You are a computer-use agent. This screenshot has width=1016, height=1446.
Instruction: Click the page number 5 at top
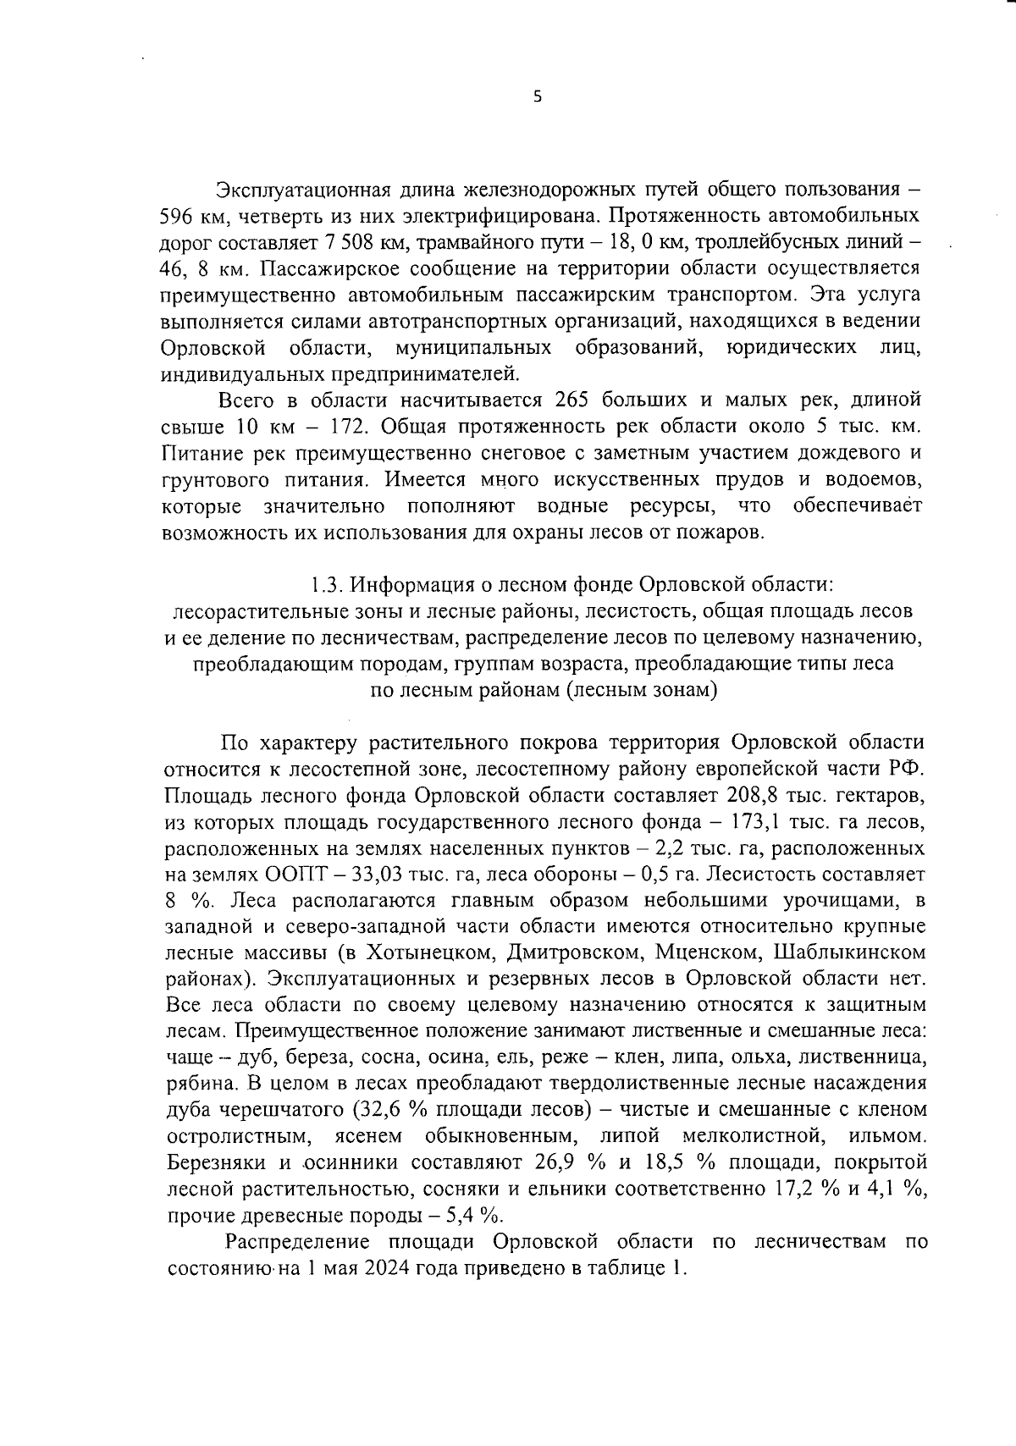pyautogui.click(x=537, y=97)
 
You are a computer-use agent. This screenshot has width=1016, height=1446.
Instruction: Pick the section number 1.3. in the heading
pyautogui.click(x=323, y=584)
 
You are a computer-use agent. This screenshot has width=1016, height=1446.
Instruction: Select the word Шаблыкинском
pyautogui.click(x=849, y=953)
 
